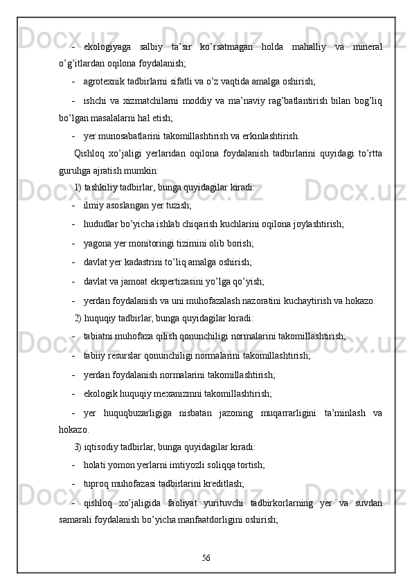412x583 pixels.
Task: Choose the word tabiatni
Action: coord(100,336)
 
